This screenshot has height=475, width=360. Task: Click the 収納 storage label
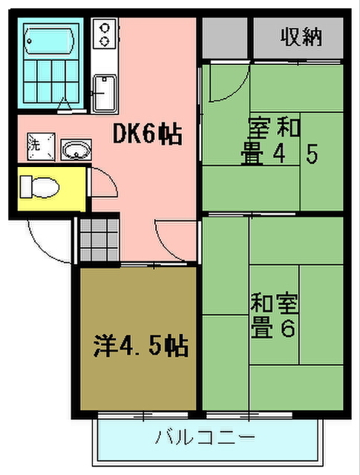(x=301, y=36)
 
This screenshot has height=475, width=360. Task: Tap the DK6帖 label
(x=148, y=134)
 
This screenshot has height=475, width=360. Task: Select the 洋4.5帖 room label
(x=140, y=345)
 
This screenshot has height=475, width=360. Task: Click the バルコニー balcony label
(x=205, y=437)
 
